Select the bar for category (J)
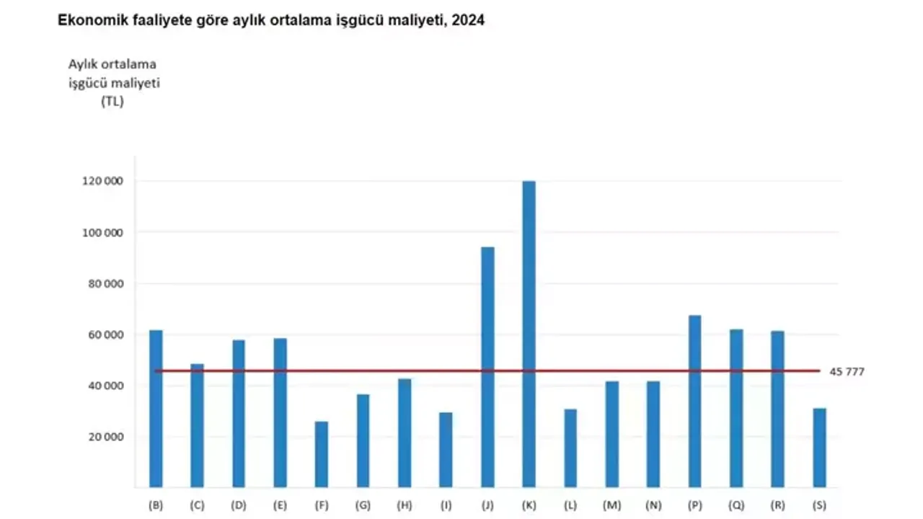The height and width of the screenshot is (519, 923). pos(487,367)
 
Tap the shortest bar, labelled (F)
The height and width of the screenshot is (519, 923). pos(322,454)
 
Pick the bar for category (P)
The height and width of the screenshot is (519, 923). pos(694,401)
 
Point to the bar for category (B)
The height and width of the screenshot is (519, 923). pos(156,408)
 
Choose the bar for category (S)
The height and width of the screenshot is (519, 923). pos(819,448)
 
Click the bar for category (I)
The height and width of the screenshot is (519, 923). pos(446,450)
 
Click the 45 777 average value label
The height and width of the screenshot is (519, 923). pos(847,372)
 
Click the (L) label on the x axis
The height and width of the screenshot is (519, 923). pos(570,506)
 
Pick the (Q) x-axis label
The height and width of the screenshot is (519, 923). pos(736,506)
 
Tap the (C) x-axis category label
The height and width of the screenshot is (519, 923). pos(197,506)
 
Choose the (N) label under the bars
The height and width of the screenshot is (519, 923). pos(653,506)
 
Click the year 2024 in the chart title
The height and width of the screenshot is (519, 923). pos(469,22)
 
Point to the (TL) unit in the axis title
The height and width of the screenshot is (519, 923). pos(112,102)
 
